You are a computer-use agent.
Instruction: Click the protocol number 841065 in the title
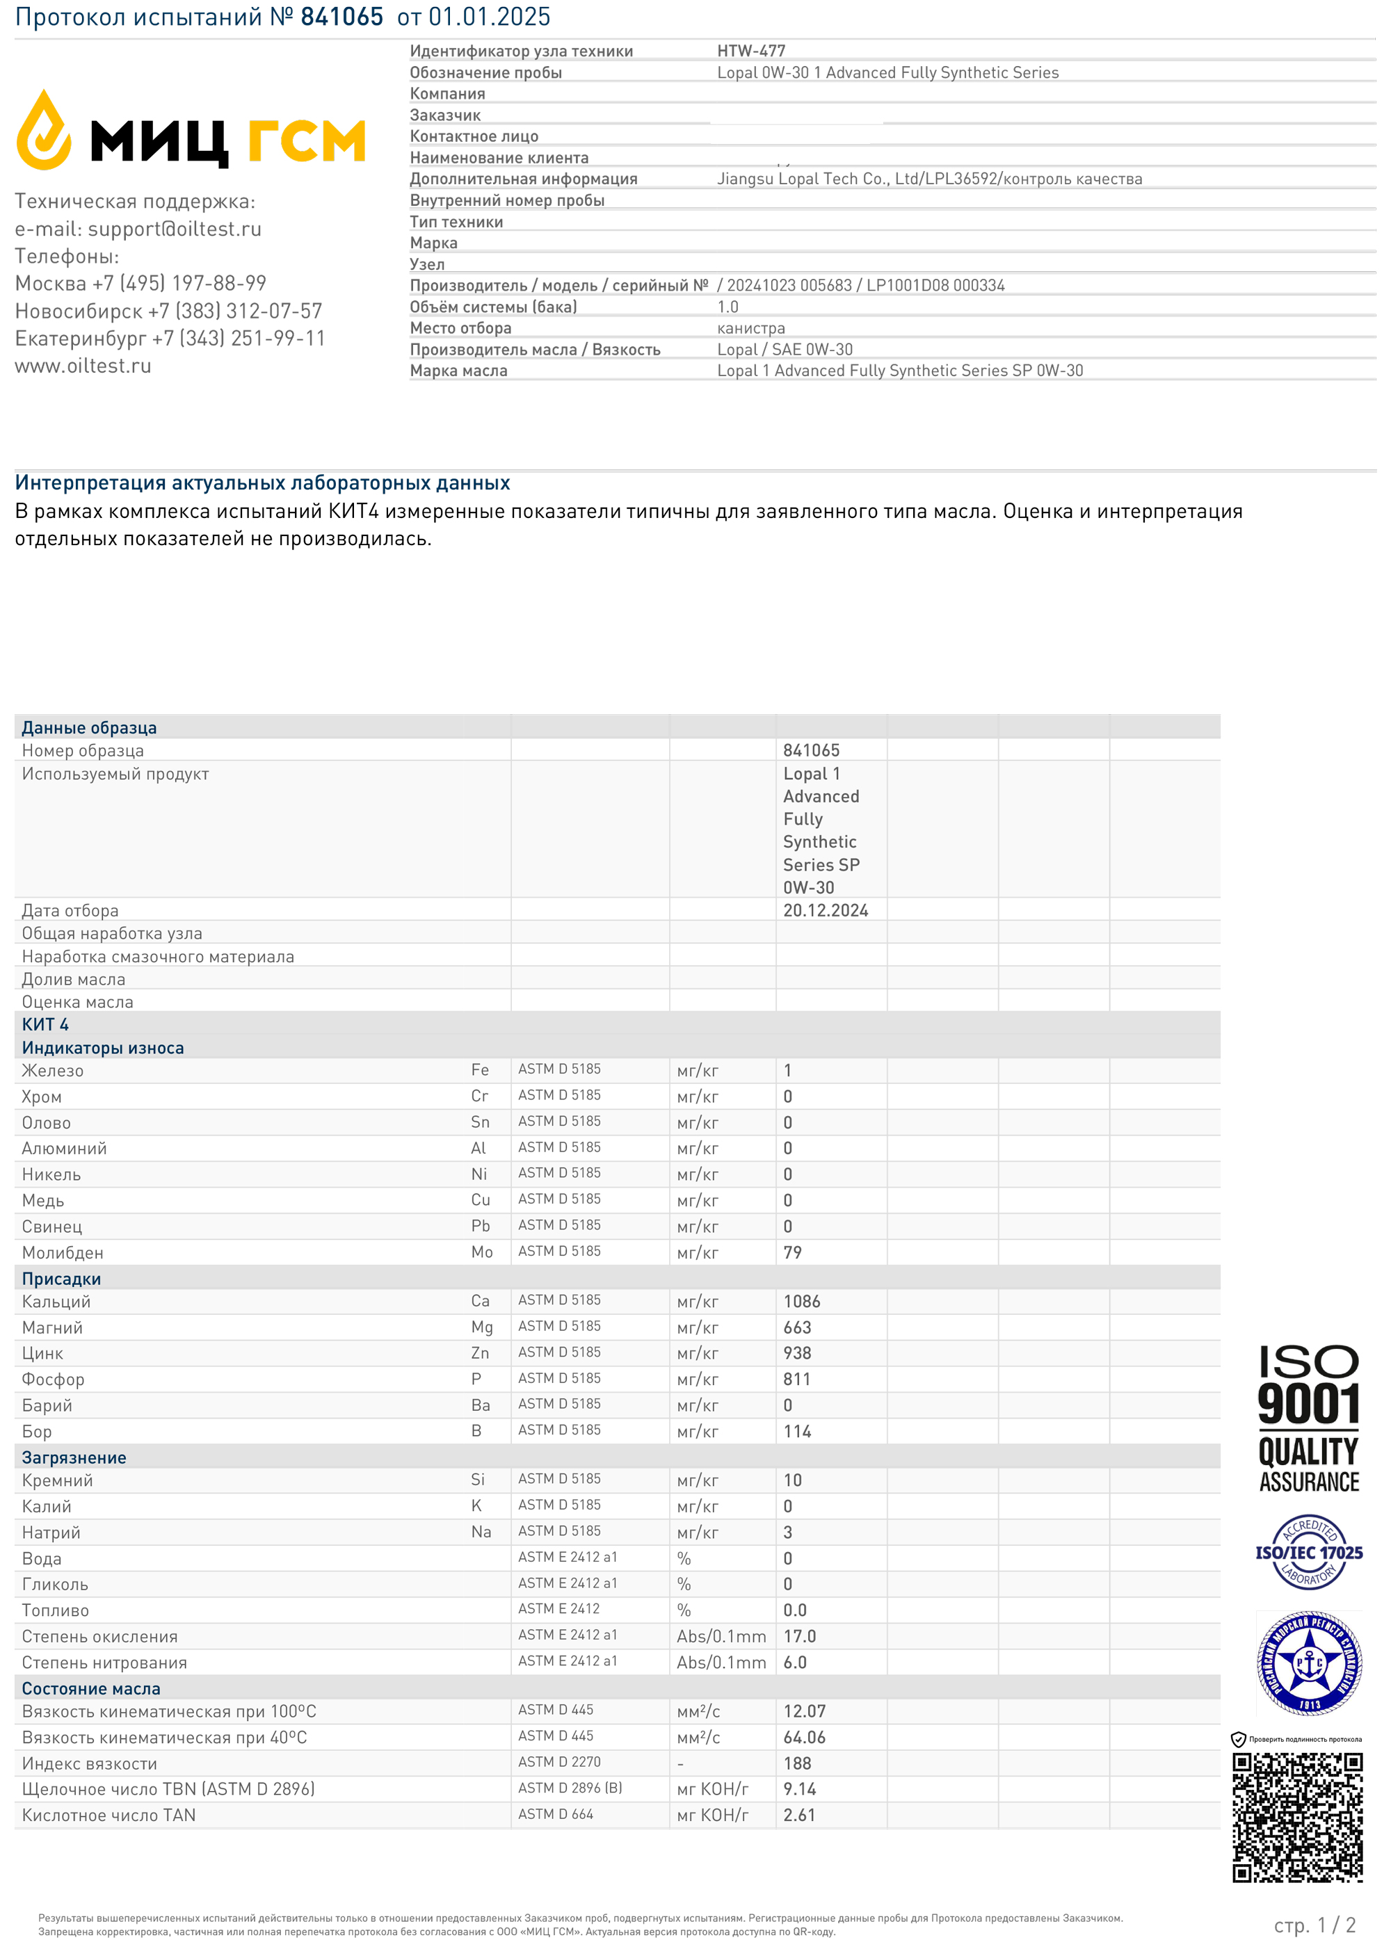[x=341, y=17]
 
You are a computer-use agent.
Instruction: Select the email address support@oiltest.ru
[x=175, y=229]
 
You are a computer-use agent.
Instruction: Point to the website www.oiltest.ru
[x=83, y=366]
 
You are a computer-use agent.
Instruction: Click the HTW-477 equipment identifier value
[x=750, y=51]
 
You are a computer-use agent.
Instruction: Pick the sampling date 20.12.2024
[x=825, y=910]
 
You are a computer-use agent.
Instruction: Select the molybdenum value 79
[x=792, y=1252]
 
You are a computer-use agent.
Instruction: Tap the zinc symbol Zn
[x=480, y=1352]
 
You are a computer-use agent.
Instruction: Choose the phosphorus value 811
[x=796, y=1379]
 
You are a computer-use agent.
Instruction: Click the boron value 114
[x=796, y=1431]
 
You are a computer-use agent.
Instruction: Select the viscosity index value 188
[x=796, y=1763]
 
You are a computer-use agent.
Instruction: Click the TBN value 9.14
[x=799, y=1788]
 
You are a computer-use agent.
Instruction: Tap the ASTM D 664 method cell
[x=555, y=1814]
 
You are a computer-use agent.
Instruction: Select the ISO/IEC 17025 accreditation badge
[x=1308, y=1553]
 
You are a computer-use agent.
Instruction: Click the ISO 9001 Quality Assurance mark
[x=1308, y=1419]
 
